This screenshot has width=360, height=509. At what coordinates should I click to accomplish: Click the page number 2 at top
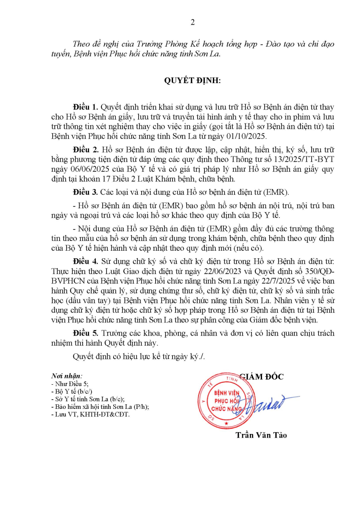(x=193, y=22)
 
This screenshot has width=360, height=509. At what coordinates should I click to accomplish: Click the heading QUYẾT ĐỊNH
(x=193, y=80)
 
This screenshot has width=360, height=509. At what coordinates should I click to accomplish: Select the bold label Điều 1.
(x=85, y=106)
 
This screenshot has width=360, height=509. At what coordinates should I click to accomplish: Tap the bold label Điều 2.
(x=85, y=150)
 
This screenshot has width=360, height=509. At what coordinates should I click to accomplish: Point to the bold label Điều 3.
(x=85, y=193)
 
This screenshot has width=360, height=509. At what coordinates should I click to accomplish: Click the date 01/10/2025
(x=247, y=137)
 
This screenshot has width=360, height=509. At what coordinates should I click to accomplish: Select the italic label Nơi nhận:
(x=67, y=376)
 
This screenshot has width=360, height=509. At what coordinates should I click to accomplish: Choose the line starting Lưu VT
(x=90, y=414)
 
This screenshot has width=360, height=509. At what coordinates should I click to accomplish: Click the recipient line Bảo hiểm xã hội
(x=99, y=407)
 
